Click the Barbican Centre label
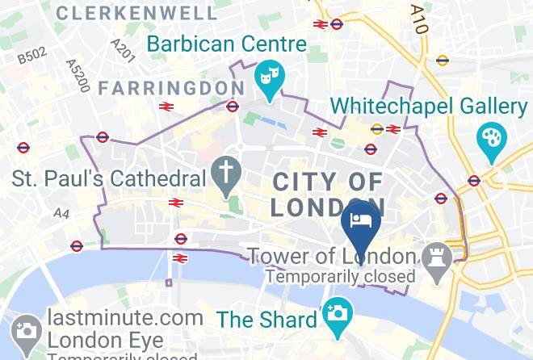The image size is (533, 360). click(x=226, y=43)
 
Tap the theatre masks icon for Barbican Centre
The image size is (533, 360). click(x=268, y=77)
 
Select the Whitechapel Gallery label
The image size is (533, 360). click(x=429, y=107)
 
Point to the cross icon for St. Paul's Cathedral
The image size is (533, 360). click(x=225, y=170)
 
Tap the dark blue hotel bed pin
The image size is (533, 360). click(x=359, y=221)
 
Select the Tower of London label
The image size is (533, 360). click(x=331, y=257)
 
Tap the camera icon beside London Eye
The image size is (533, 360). click(x=25, y=330)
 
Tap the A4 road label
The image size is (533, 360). click(x=61, y=213)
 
